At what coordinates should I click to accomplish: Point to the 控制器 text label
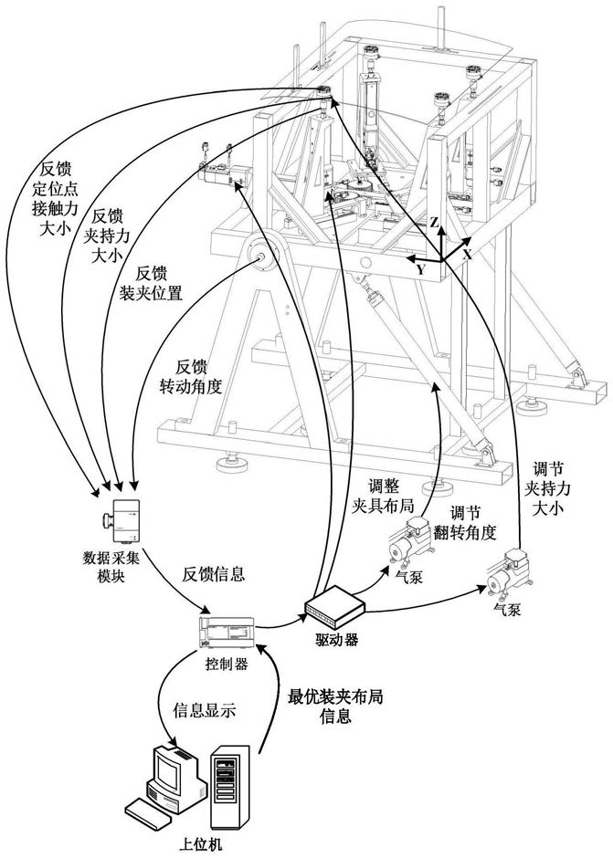tap(227, 664)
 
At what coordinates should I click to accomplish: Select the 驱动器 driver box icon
tap(334, 607)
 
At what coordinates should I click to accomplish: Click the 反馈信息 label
tap(213, 574)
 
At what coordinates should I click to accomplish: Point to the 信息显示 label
tap(205, 711)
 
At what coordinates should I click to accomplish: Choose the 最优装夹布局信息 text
tap(335, 706)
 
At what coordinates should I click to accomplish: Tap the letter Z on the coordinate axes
tap(434, 222)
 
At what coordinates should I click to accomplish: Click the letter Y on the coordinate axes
tap(420, 269)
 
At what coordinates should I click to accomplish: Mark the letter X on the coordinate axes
tap(467, 254)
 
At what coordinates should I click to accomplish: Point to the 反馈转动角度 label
tap(191, 377)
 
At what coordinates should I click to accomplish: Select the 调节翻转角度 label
tap(465, 523)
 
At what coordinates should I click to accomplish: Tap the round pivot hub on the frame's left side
tap(259, 256)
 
